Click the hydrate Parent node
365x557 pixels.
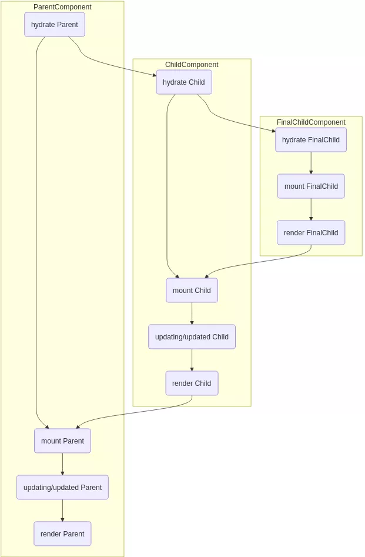55,25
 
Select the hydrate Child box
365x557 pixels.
184,82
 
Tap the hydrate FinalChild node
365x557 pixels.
311,140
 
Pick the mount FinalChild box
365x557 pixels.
311,186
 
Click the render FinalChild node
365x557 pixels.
311,233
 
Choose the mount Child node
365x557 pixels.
192,291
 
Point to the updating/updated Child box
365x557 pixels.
192,337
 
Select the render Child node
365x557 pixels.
192,383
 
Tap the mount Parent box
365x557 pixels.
62,441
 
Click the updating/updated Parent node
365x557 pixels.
62,488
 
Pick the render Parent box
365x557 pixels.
62,534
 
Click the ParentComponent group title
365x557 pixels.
62,7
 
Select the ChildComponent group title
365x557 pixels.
192,65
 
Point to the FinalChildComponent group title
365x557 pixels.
311,122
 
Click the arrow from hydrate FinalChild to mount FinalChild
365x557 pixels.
311,163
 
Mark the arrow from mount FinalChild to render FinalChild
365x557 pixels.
311,209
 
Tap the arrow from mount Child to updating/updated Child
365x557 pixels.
192,313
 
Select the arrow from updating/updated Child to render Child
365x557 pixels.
192,360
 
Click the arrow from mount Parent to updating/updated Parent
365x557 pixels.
62,464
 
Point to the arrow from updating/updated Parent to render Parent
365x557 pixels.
62,511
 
